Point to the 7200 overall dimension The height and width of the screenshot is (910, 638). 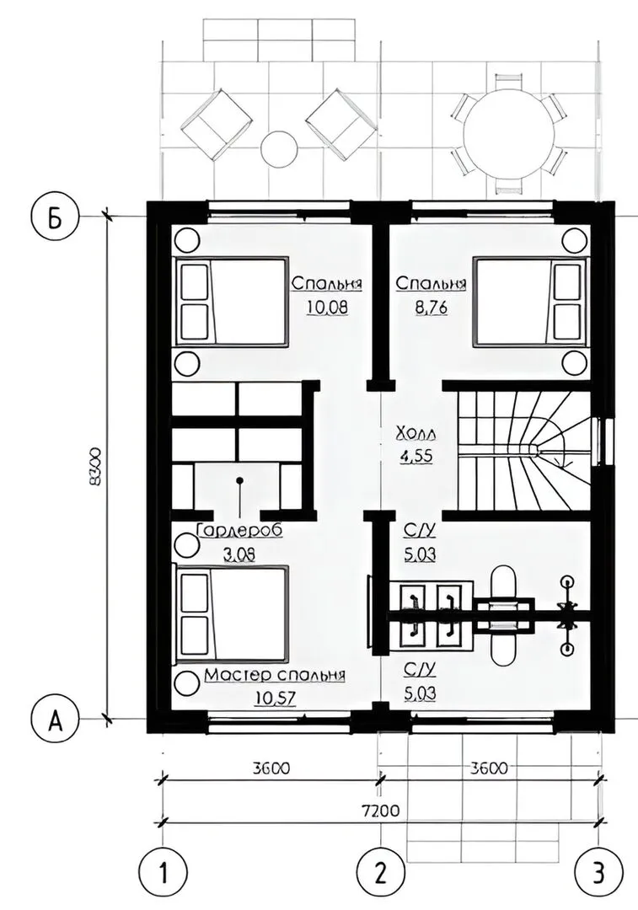[x=380, y=811]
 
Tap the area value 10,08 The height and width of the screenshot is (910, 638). [x=327, y=307]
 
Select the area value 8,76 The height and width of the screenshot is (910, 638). [x=432, y=307]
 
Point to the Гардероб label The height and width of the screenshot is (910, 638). [x=239, y=531]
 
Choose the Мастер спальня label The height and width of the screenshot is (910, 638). [x=275, y=676]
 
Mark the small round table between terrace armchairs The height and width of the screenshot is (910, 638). [x=279, y=149]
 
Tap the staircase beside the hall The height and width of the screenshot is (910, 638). [x=523, y=451]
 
